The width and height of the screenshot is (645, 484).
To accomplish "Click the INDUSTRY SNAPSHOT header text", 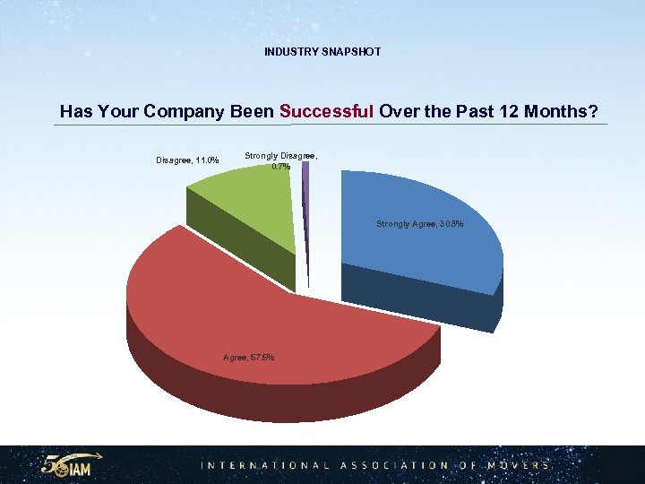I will click(x=322, y=52).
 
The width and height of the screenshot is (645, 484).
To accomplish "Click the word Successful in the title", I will click(x=327, y=112).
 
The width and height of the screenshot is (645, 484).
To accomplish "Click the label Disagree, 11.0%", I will click(x=188, y=161).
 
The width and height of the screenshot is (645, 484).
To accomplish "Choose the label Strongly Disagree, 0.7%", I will click(x=280, y=160).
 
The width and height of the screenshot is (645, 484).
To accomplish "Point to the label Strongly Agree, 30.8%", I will click(x=420, y=224).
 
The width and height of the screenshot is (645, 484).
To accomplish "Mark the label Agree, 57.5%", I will click(x=248, y=359).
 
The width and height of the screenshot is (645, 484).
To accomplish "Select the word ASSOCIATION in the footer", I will click(x=391, y=466).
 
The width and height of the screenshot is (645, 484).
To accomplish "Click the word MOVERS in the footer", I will click(x=519, y=466).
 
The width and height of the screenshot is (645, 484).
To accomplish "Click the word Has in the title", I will click(x=75, y=112).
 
